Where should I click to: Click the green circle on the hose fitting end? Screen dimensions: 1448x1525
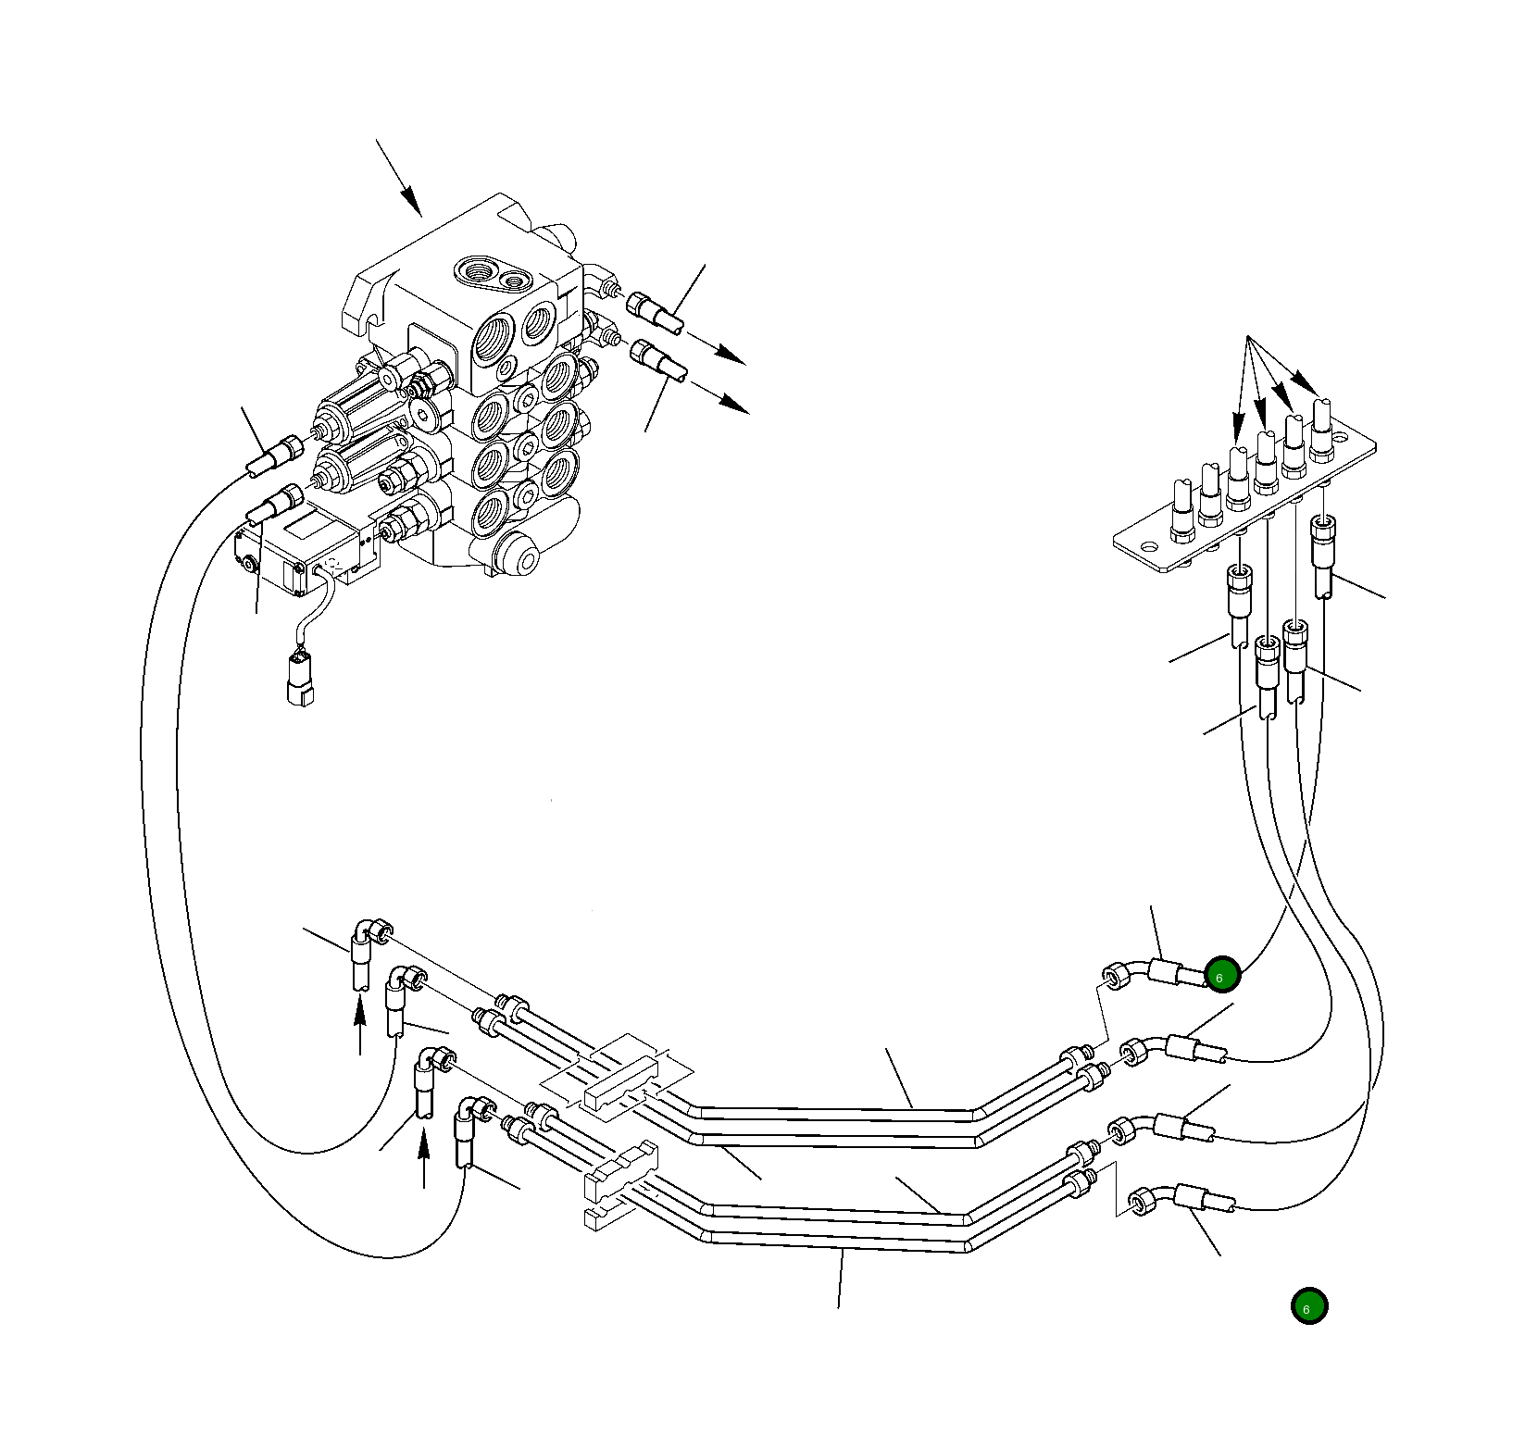[x=1222, y=976]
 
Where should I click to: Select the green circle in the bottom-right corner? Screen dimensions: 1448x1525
[x=1309, y=1306]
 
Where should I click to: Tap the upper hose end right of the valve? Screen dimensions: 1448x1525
[x=656, y=312]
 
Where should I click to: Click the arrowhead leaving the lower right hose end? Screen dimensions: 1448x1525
[x=736, y=406]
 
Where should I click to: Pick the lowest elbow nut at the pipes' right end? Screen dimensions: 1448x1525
[x=1141, y=1203]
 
